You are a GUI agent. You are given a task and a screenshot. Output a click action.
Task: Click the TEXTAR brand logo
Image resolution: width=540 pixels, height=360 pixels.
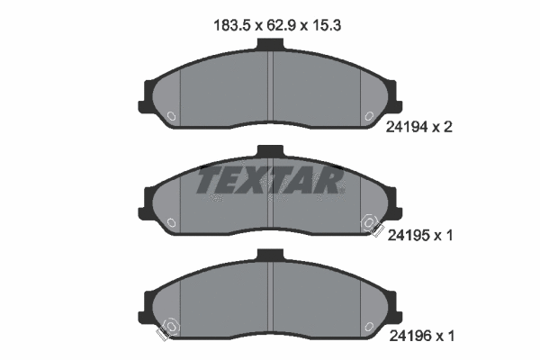tap(270, 179)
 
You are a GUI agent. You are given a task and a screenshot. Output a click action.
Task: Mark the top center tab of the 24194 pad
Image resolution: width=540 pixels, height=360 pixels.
tap(270, 48)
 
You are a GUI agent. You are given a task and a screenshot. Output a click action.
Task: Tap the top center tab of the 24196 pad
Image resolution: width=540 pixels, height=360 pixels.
tap(270, 256)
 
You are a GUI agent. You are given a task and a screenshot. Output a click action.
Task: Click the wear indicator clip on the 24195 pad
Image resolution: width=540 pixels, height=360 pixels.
tap(370, 225)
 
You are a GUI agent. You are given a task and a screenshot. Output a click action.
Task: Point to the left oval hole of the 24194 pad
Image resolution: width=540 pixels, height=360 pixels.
tap(172, 114)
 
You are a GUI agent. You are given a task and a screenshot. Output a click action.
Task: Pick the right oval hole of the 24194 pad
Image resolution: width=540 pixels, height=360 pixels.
tap(368, 114)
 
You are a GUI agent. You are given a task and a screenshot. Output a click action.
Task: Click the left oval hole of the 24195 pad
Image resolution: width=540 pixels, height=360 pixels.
tap(172, 220)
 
